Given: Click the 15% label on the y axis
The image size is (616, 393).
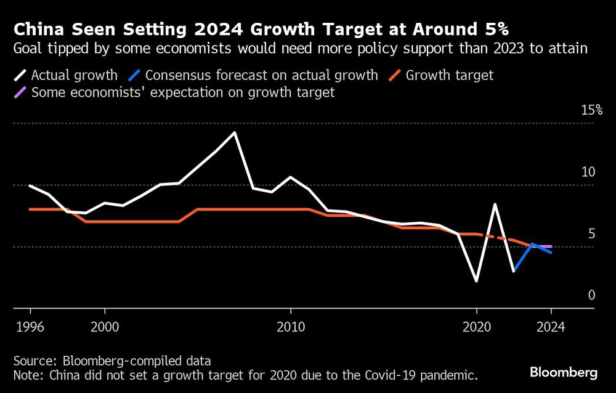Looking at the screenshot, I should point(592,110).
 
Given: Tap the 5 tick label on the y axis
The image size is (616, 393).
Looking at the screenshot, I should point(591,233).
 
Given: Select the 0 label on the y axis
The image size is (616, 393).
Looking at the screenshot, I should point(591,295).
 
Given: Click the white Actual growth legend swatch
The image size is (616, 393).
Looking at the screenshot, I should point(19,76).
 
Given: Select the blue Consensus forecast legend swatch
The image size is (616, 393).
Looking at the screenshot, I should point(132,76).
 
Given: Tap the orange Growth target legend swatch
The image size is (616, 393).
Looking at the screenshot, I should point(395,76).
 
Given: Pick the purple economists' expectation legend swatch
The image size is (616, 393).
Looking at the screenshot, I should point(19,92).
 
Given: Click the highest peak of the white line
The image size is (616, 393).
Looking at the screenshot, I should point(235,132).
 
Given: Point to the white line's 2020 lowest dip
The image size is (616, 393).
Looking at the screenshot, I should point(476,281).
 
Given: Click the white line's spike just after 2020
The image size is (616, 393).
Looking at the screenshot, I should point(495,205).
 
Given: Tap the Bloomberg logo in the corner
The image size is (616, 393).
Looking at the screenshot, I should point(564,373).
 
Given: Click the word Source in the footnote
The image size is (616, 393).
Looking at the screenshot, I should point(31,360).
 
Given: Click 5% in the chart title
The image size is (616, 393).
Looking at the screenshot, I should point(490,29).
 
